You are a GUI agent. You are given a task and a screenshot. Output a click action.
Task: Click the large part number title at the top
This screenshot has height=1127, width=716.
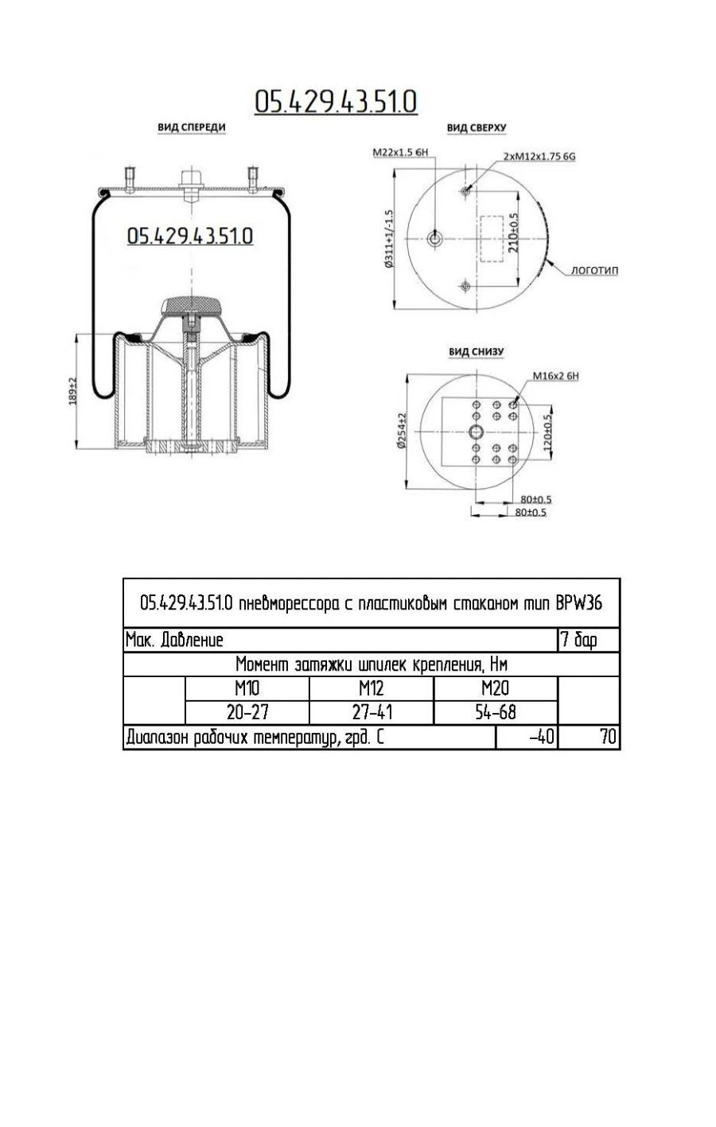336,102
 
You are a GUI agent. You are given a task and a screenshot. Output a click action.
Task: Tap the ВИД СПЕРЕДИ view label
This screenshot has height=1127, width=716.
191,127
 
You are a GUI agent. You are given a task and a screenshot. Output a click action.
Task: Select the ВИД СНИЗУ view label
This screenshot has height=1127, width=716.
476,351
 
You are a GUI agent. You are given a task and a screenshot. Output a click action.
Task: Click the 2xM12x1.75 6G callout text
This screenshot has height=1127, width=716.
539,157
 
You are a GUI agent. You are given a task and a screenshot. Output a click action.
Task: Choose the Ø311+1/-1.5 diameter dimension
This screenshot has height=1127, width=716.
390,239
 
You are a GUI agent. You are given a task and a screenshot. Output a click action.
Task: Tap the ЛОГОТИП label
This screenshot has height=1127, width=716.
594,270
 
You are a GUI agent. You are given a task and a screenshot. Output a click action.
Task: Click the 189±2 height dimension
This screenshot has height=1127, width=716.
73,391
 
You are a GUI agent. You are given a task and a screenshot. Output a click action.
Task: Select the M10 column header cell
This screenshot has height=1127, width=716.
247,688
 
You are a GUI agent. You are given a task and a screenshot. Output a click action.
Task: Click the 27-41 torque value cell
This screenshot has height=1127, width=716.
372,712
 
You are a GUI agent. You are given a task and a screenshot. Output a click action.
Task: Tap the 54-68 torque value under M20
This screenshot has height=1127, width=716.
496,712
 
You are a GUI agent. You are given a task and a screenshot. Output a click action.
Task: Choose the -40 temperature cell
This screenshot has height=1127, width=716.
527,738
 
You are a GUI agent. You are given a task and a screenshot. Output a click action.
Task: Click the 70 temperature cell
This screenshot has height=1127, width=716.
589,738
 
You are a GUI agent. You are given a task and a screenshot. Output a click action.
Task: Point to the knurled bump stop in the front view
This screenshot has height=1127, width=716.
191,305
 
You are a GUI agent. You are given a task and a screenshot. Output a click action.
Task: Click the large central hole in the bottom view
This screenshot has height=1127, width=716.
476,432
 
